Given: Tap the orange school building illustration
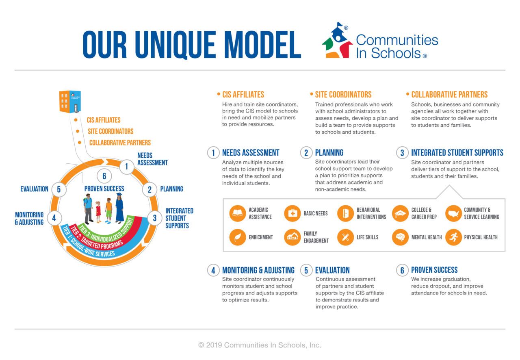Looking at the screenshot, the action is [70, 102].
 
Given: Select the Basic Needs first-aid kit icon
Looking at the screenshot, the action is [292, 213].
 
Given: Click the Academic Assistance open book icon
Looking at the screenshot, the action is [238, 213].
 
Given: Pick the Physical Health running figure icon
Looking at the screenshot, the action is [453, 237].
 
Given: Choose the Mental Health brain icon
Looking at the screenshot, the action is [400, 237].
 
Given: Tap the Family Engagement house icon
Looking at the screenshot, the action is [292, 237].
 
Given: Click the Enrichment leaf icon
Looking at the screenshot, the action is [238, 237].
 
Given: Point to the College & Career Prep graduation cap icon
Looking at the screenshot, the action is [400, 213].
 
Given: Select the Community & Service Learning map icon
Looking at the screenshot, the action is [453, 213].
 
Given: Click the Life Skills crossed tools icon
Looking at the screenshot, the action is [345, 237].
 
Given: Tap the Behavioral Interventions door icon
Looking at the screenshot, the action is [345, 213].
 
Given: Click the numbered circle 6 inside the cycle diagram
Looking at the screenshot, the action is [104, 176].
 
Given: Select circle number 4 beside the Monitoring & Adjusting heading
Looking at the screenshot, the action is [213, 270].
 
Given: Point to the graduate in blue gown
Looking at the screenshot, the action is [119, 208].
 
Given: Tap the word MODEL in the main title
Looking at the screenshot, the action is [262, 45].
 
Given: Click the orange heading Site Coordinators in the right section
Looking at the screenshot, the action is [343, 95].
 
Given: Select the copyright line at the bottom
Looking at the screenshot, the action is [260, 345].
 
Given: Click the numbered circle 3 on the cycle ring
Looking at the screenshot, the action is [155, 218].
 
